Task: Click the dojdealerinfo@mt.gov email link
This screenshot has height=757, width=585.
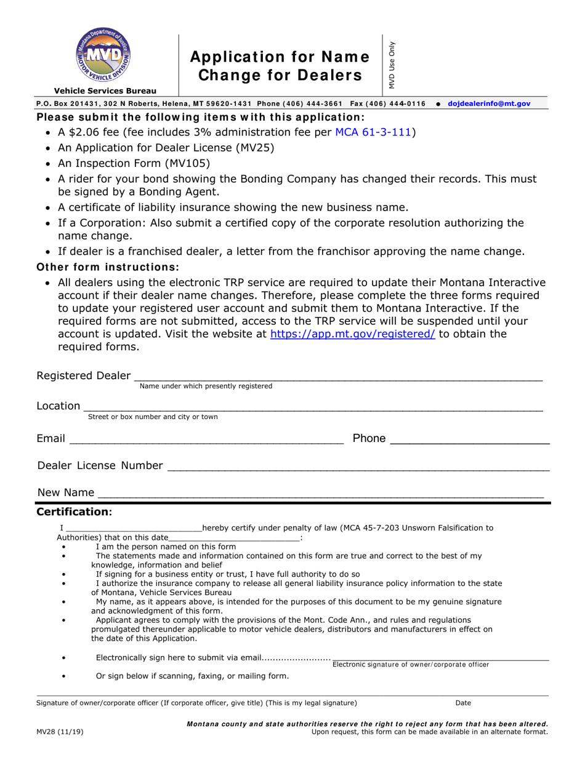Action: (488, 104)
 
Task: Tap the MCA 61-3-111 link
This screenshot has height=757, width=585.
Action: (373, 132)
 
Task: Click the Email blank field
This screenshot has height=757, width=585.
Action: (206, 439)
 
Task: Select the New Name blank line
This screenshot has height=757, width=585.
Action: (320, 493)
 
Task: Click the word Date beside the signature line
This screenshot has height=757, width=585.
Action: (463, 702)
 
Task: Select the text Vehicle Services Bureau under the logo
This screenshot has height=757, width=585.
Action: (105, 90)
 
